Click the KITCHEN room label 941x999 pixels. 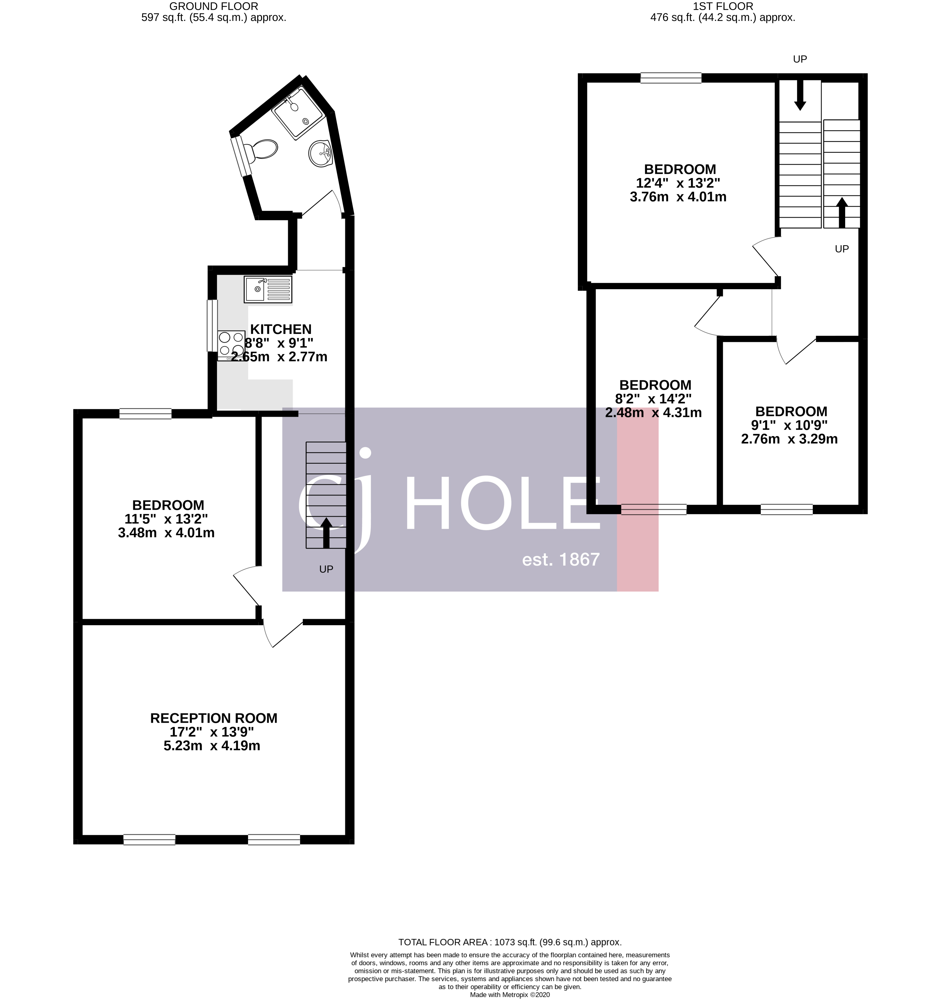281,329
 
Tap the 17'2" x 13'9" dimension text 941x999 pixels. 212,732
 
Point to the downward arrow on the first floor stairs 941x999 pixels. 800,95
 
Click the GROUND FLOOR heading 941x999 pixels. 214,6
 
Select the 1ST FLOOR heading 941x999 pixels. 723,6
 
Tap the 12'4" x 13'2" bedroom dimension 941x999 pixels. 678,183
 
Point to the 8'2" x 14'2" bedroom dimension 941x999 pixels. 653,399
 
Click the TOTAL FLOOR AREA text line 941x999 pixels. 510,942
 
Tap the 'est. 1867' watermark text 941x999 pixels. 561,560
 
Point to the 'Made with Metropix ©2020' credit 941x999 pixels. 510,995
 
